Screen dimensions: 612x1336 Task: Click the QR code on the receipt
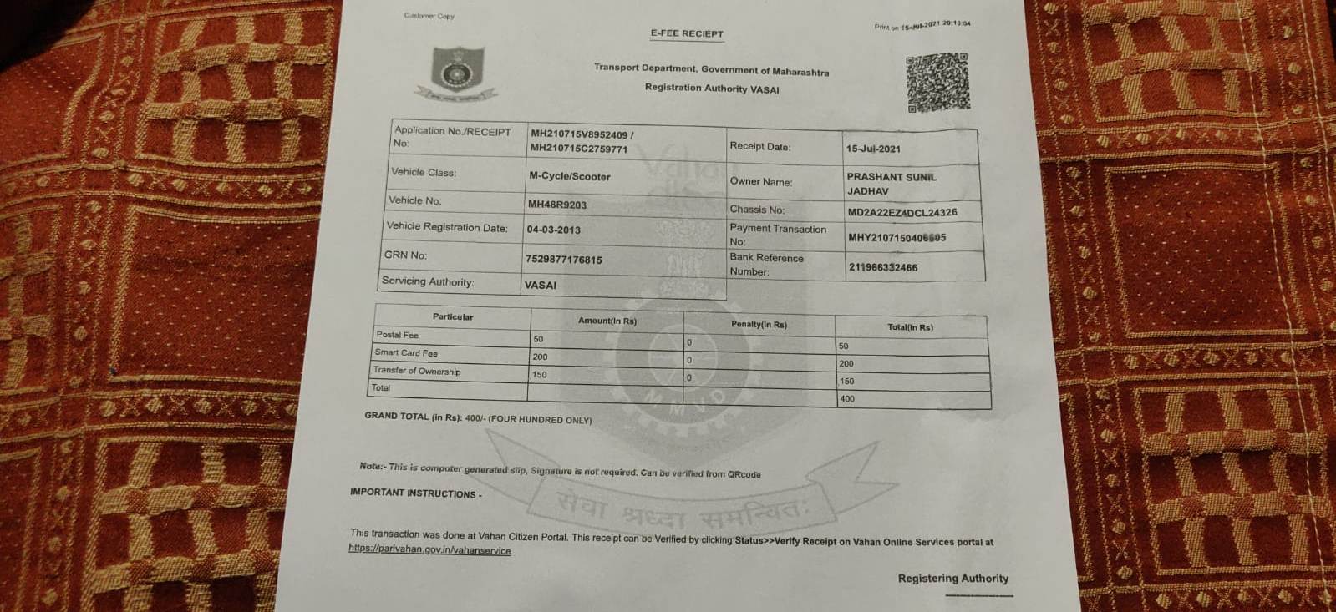(937, 82)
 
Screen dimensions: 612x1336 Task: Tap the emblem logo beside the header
(457, 73)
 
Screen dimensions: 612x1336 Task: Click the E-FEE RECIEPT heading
(687, 33)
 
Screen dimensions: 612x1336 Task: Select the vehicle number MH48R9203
(557, 205)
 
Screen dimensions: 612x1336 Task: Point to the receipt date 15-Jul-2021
(873, 149)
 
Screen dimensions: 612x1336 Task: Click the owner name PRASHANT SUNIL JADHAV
(891, 184)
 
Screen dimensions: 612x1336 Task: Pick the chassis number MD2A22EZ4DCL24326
(902, 212)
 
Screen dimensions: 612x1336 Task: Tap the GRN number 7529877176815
(563, 260)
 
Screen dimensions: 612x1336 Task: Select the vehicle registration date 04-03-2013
(553, 230)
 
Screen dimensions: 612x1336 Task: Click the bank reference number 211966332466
(882, 267)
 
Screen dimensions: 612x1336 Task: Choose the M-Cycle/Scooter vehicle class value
(569, 176)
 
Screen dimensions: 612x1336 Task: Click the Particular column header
(453, 317)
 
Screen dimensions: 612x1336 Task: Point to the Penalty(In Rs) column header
(759, 324)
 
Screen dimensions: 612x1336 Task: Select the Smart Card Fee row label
(406, 353)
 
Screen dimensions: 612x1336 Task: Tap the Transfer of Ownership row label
(416, 371)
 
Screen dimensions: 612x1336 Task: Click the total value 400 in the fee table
(847, 399)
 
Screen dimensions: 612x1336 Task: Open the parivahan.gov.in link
(429, 550)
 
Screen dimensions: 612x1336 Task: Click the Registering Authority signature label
(952, 578)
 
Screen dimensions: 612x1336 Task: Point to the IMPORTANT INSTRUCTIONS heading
(415, 493)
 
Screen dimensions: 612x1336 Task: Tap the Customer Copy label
(429, 16)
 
